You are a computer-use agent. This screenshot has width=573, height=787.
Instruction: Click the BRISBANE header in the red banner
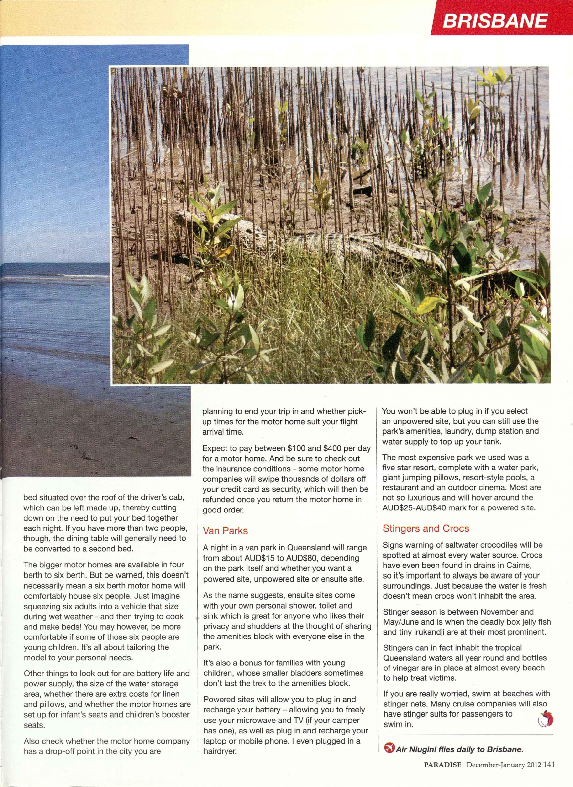495,21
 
